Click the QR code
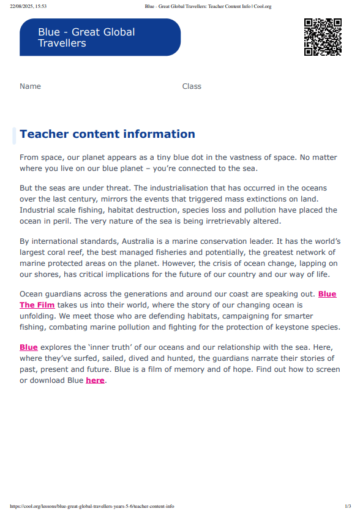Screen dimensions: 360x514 click(323, 37)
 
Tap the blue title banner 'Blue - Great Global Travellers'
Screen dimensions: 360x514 click(100, 37)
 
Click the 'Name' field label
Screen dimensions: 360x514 click(30, 86)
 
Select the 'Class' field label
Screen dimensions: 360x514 click(192, 86)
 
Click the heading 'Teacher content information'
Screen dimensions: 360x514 click(107, 134)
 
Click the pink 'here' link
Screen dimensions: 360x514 click(95, 380)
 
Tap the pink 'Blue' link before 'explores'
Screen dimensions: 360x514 click(29, 347)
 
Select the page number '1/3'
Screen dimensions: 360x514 click(348, 507)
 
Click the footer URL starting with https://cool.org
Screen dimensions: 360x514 click(92, 507)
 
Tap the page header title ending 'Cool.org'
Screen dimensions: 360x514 click(208, 6)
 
